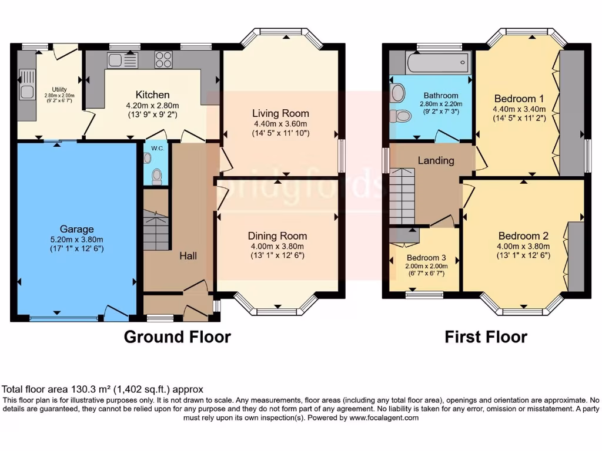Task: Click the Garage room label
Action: pyautogui.click(x=76, y=229)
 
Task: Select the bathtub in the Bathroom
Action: pyautogui.click(x=438, y=62)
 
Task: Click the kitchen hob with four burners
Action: pyautogui.click(x=163, y=59)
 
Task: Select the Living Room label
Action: pyautogui.click(x=280, y=113)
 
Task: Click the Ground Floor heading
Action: pyautogui.click(x=177, y=337)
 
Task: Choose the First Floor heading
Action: pyautogui.click(x=486, y=337)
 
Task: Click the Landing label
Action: pyautogui.click(x=436, y=160)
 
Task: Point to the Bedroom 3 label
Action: pyautogui.click(x=423, y=257)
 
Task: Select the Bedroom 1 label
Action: pyautogui.click(x=515, y=98)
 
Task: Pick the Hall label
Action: pyautogui.click(x=188, y=256)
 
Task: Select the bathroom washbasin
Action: pyautogui.click(x=397, y=92)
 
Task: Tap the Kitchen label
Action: pyautogui.click(x=152, y=95)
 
